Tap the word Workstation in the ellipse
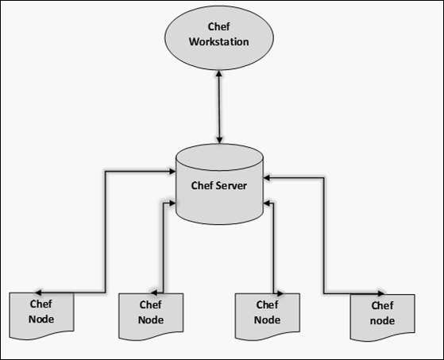[x=219, y=41]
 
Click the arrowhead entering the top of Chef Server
[x=219, y=141]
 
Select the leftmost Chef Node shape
[x=41, y=312]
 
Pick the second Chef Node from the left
[x=150, y=312]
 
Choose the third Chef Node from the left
[x=268, y=312]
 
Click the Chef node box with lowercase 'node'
[x=382, y=314]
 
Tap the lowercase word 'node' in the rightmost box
[x=382, y=320]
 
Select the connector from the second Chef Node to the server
[x=163, y=246]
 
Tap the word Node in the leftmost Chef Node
[x=41, y=319]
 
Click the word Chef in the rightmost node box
[x=382, y=306]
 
